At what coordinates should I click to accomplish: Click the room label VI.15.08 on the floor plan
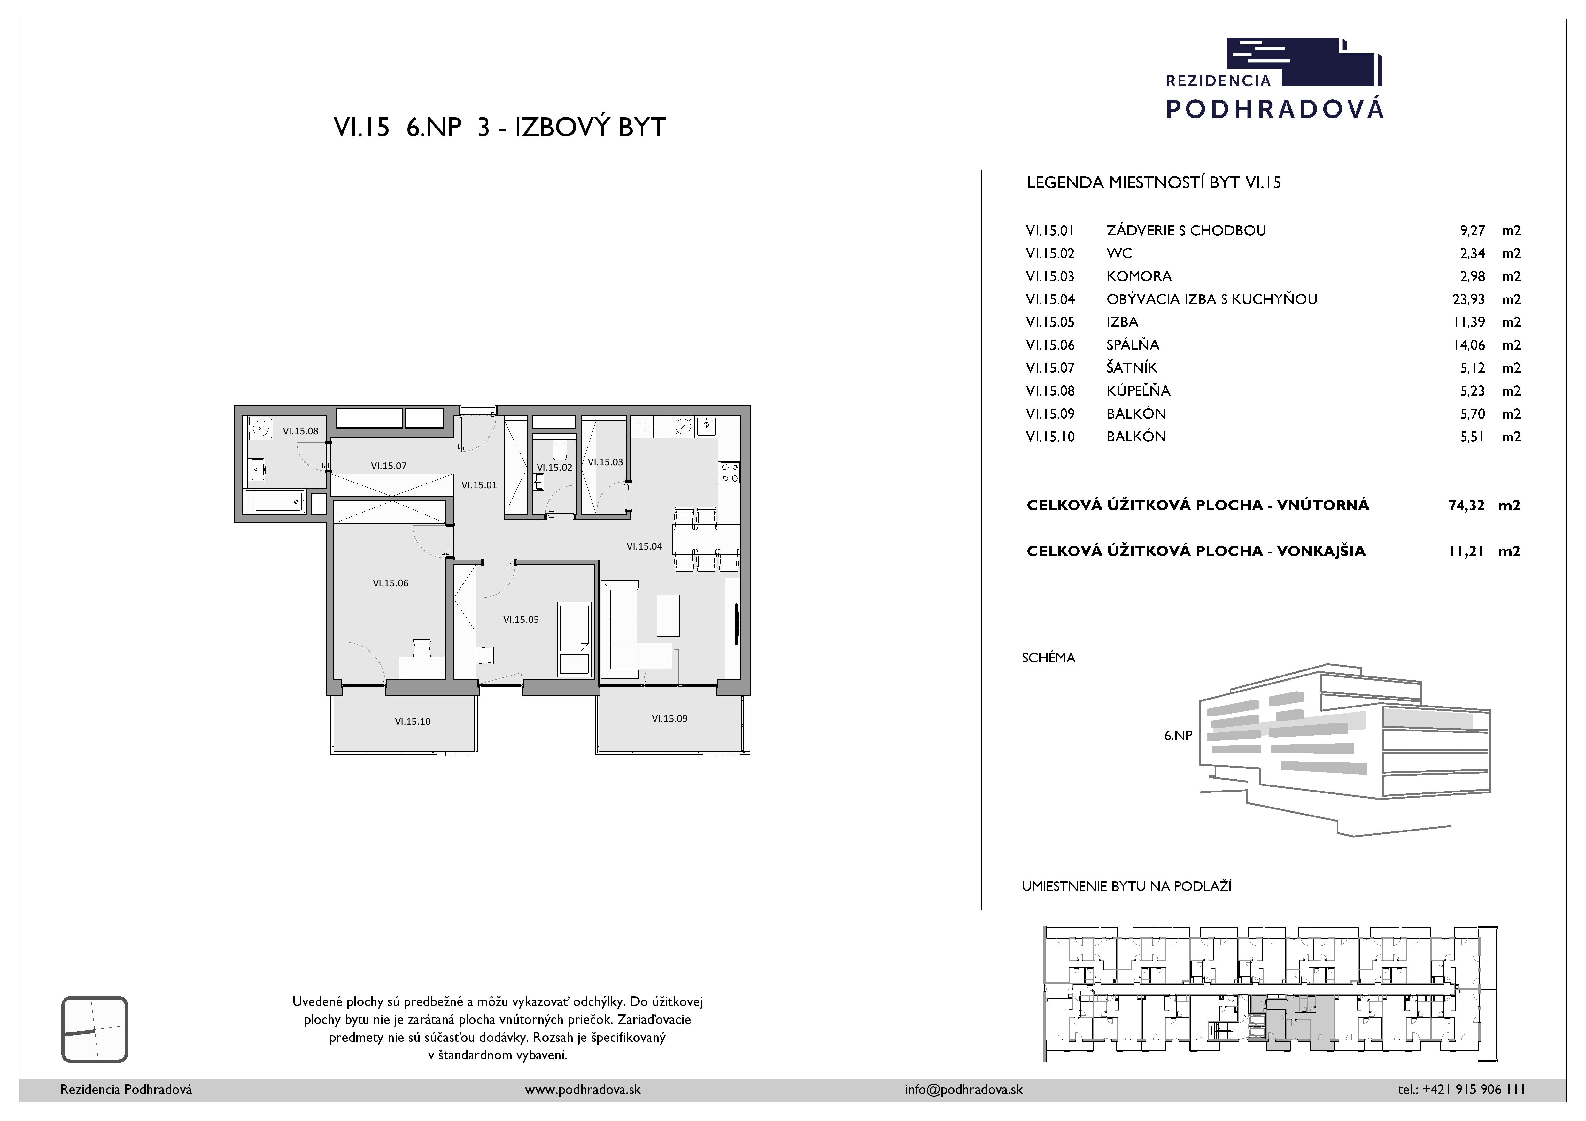300,431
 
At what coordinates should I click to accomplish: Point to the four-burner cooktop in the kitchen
730,473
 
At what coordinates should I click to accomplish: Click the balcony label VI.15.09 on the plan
669,718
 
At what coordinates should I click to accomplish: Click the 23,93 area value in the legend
1469,299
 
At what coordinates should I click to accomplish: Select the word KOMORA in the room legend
1139,276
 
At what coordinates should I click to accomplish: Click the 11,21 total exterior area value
1466,551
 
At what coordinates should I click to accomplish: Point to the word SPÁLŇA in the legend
1133,345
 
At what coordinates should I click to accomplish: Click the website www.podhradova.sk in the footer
583,1089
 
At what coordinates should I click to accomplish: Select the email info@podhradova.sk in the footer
963,1089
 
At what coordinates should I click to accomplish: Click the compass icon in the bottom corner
95,1029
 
